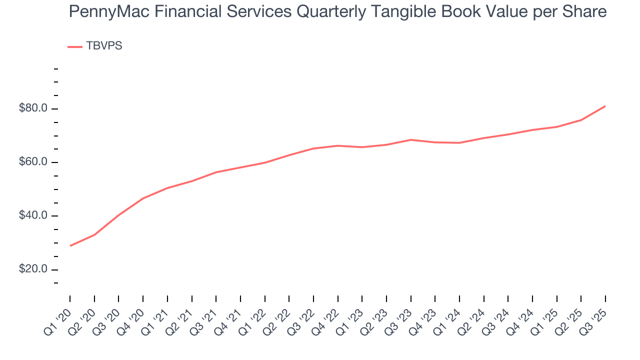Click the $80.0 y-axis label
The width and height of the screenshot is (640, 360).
point(33,108)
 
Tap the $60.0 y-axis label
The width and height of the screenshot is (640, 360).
point(33,162)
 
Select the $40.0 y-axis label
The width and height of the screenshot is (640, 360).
point(33,215)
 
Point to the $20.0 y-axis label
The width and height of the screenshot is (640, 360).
point(33,269)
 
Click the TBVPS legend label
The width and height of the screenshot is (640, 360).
point(104,46)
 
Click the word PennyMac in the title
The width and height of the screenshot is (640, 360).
point(103,11)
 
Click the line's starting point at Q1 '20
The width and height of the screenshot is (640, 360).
point(70,245)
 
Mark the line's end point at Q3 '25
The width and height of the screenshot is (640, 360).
point(605,106)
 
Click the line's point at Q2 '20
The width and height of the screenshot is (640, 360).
point(94,234)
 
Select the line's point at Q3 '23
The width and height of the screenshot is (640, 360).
point(411,139)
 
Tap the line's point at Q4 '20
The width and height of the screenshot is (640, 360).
point(143,198)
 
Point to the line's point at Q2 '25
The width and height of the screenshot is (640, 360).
point(581,120)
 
